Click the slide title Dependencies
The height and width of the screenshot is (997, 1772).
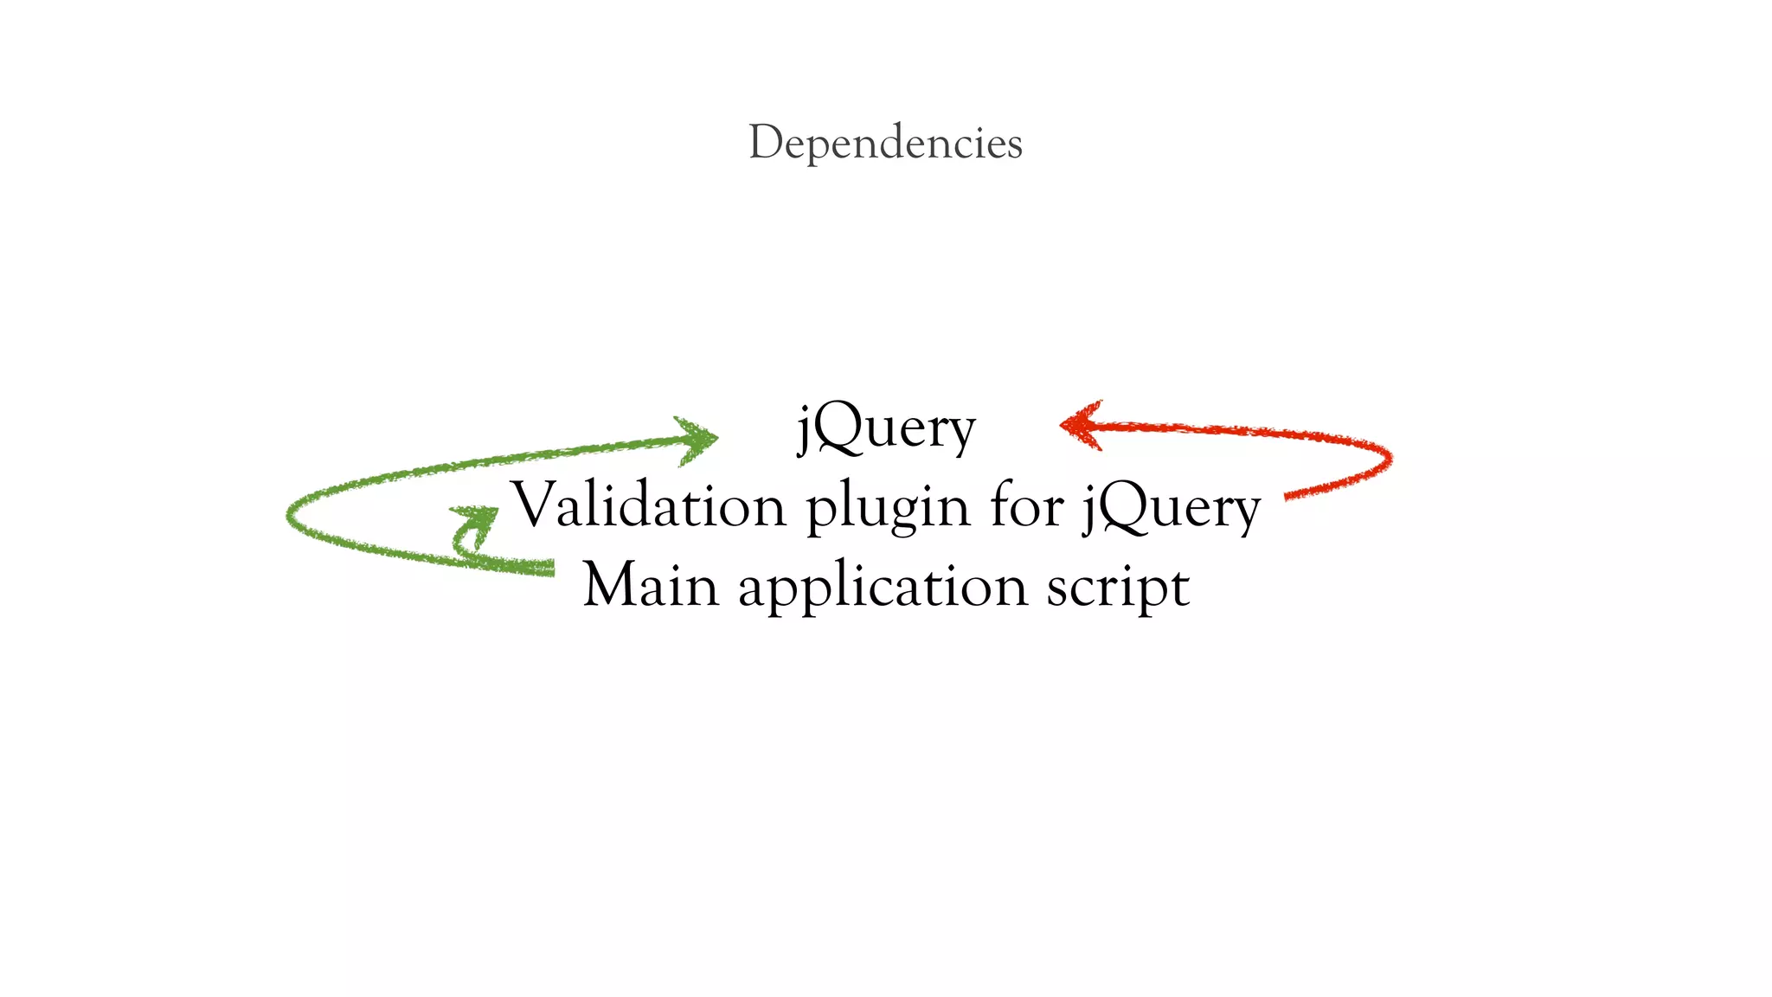tap(885, 143)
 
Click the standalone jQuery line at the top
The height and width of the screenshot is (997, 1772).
tap(886, 428)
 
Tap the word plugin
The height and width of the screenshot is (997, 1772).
tap(888, 509)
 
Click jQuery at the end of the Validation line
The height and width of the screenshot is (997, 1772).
tap(1172, 509)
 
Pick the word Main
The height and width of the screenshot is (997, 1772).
tap(651, 585)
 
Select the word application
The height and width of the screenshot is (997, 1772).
tap(883, 589)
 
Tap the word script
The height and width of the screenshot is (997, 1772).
tap(1118, 589)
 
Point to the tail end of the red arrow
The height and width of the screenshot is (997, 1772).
tap(1289, 496)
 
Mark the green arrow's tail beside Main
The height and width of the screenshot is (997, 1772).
tap(549, 568)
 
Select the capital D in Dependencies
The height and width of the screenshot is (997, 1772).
tap(765, 142)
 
